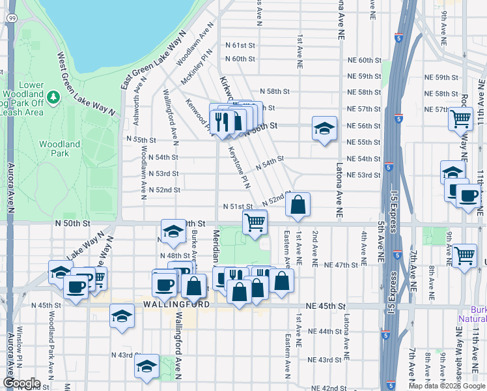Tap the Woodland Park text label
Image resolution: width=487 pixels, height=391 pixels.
(59, 149)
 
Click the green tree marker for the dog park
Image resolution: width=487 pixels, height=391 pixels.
(53, 97)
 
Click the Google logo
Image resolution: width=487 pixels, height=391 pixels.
(21, 383)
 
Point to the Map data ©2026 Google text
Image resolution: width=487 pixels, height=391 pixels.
(447, 386)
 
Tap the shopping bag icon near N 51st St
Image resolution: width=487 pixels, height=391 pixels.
(298, 205)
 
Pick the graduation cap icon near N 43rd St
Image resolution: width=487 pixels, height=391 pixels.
(146, 367)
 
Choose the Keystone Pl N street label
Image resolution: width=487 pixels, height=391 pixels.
(238, 164)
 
